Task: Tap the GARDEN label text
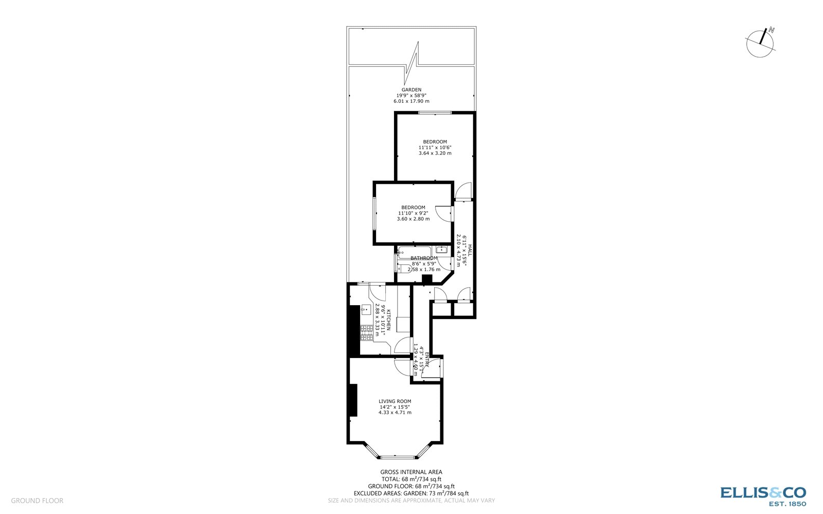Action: pyautogui.click(x=411, y=90)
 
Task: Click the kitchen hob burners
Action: pyautogui.click(x=366, y=333)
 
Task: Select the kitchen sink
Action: pyautogui.click(x=366, y=309)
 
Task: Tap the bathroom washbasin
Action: pyautogui.click(x=442, y=250)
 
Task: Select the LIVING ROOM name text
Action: pyautogui.click(x=395, y=401)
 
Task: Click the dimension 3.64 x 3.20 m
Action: pyautogui.click(x=435, y=153)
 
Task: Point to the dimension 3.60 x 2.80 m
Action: pyautogui.click(x=413, y=219)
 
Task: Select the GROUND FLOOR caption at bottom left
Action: pyautogui.click(x=37, y=501)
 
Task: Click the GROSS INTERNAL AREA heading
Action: pyautogui.click(x=411, y=472)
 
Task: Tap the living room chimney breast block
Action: pyautogui.click(x=353, y=400)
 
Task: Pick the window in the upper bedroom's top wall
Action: pyautogui.click(x=435, y=113)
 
